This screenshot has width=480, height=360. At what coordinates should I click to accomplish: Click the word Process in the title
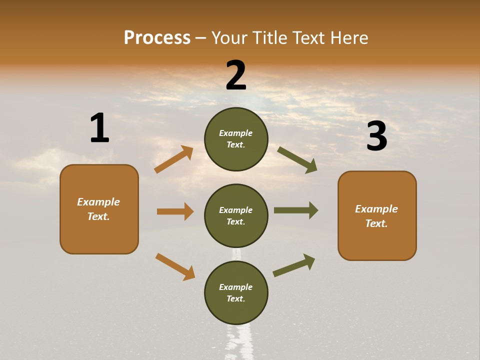coord(157,38)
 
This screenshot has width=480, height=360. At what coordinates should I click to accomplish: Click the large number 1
coord(99,128)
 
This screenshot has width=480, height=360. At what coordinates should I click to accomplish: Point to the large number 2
coord(236,75)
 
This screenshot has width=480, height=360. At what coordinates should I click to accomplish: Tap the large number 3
coord(376,136)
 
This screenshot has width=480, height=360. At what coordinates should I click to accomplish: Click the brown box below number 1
coord(99,209)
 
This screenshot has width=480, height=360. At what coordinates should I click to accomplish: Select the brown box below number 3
coord(377,215)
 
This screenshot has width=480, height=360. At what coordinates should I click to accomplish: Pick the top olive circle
coord(236,139)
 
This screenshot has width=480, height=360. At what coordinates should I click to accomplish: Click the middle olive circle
coord(236,215)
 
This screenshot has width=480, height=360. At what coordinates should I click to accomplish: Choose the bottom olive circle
coord(236,292)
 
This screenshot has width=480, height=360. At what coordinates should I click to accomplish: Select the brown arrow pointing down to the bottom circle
coord(175,266)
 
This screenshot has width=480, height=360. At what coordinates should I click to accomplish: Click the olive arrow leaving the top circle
coord(297,159)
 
